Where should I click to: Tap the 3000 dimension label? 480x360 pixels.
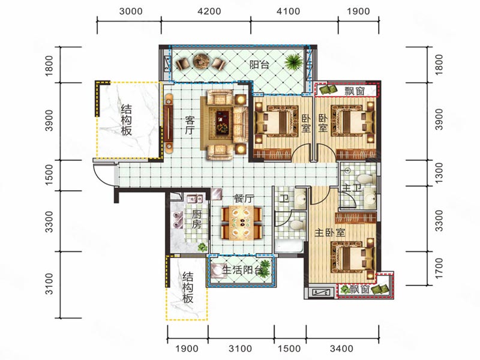coord(130,11)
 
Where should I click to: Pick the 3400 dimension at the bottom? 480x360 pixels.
coord(344,349)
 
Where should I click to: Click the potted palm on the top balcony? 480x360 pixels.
coord(293,62)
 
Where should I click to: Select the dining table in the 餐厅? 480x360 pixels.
coord(242,224)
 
